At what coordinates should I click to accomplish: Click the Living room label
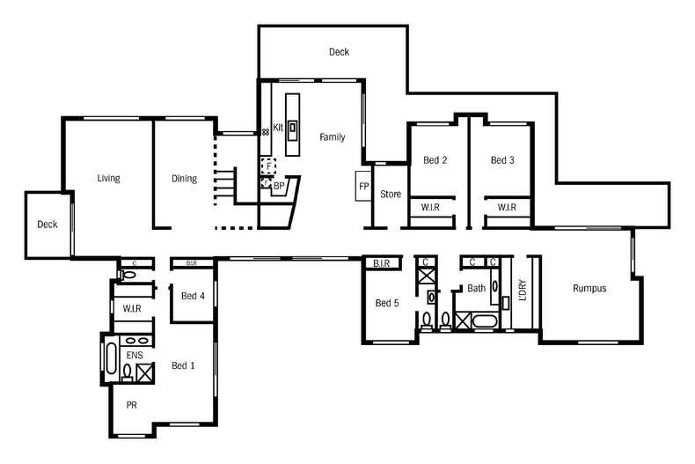point(108,179)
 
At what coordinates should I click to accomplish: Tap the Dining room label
point(184,179)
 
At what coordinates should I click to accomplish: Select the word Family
point(332,137)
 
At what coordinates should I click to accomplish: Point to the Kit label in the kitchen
point(278,128)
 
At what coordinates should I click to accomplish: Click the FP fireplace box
point(363,187)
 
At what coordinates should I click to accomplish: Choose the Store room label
point(391,195)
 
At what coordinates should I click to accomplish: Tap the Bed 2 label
point(435,160)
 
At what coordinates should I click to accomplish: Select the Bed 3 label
point(502,160)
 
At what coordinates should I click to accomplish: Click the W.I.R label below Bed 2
point(430,208)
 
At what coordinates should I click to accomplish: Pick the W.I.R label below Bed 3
point(506,208)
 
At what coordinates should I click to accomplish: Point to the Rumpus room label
point(589,288)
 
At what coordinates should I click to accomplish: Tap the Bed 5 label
point(387,303)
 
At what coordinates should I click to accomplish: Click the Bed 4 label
point(193,296)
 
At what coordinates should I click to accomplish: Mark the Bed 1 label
point(184,365)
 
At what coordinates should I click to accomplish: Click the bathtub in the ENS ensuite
point(111,357)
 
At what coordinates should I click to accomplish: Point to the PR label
point(132,405)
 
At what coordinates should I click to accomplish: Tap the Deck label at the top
point(339,52)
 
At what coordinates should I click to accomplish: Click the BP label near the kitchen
point(278,187)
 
